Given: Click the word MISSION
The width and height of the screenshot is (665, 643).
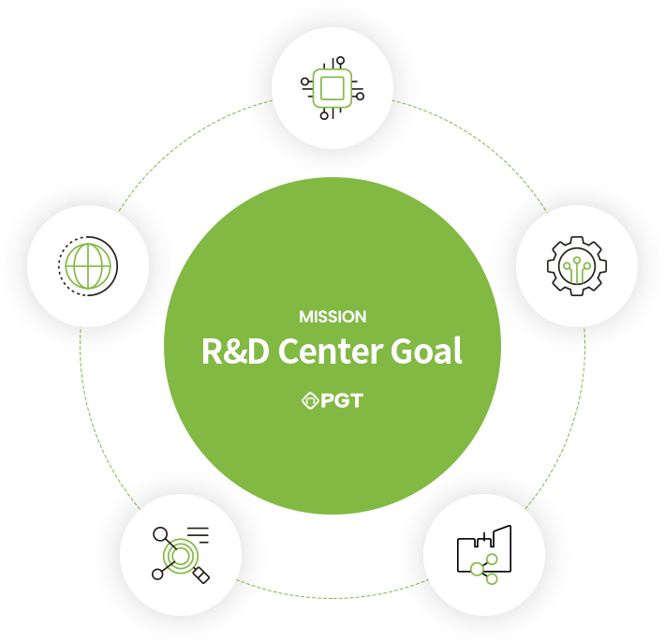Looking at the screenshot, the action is pyautogui.click(x=332, y=317).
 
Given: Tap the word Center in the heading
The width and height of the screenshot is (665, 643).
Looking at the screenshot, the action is pyautogui.click(x=330, y=351).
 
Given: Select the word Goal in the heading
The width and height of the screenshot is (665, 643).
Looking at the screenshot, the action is pyautogui.click(x=426, y=351).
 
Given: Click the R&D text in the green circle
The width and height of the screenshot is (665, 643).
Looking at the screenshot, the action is pyautogui.click(x=235, y=351).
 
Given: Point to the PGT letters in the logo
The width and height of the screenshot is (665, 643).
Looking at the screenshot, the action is pyautogui.click(x=342, y=400).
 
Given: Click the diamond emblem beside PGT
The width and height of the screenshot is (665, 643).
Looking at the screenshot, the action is pyautogui.click(x=310, y=400).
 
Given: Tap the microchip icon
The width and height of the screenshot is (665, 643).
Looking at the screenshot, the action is pyautogui.click(x=332, y=88).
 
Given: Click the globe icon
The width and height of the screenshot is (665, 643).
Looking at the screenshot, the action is pyautogui.click(x=88, y=266).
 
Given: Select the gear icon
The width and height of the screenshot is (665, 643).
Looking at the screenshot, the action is pyautogui.click(x=577, y=266).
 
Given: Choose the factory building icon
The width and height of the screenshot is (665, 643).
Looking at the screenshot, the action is pyautogui.click(x=484, y=554).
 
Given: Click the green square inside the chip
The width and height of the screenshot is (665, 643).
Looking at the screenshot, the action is pyautogui.click(x=332, y=88).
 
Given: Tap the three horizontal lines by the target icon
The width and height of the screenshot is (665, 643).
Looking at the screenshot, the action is pyautogui.click(x=199, y=535).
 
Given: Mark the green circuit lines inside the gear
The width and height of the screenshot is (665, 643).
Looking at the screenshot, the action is pyautogui.click(x=577, y=270).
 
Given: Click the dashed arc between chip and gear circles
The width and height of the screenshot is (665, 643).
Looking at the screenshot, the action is pyautogui.click(x=478, y=140).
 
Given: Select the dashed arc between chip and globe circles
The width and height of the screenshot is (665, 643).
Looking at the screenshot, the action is pyautogui.click(x=187, y=140).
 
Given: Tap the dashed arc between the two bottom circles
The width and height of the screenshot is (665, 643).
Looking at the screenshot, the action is pyautogui.click(x=332, y=598).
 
